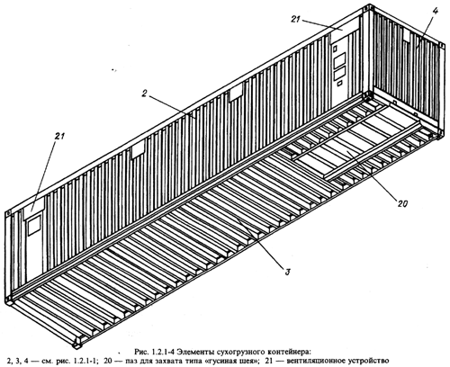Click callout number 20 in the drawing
click(x=402, y=204)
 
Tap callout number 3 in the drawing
click(x=287, y=273)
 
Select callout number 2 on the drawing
click(x=144, y=94)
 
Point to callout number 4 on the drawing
click(x=436, y=12)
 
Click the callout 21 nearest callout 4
click(x=295, y=19)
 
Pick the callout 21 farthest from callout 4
click(x=59, y=136)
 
